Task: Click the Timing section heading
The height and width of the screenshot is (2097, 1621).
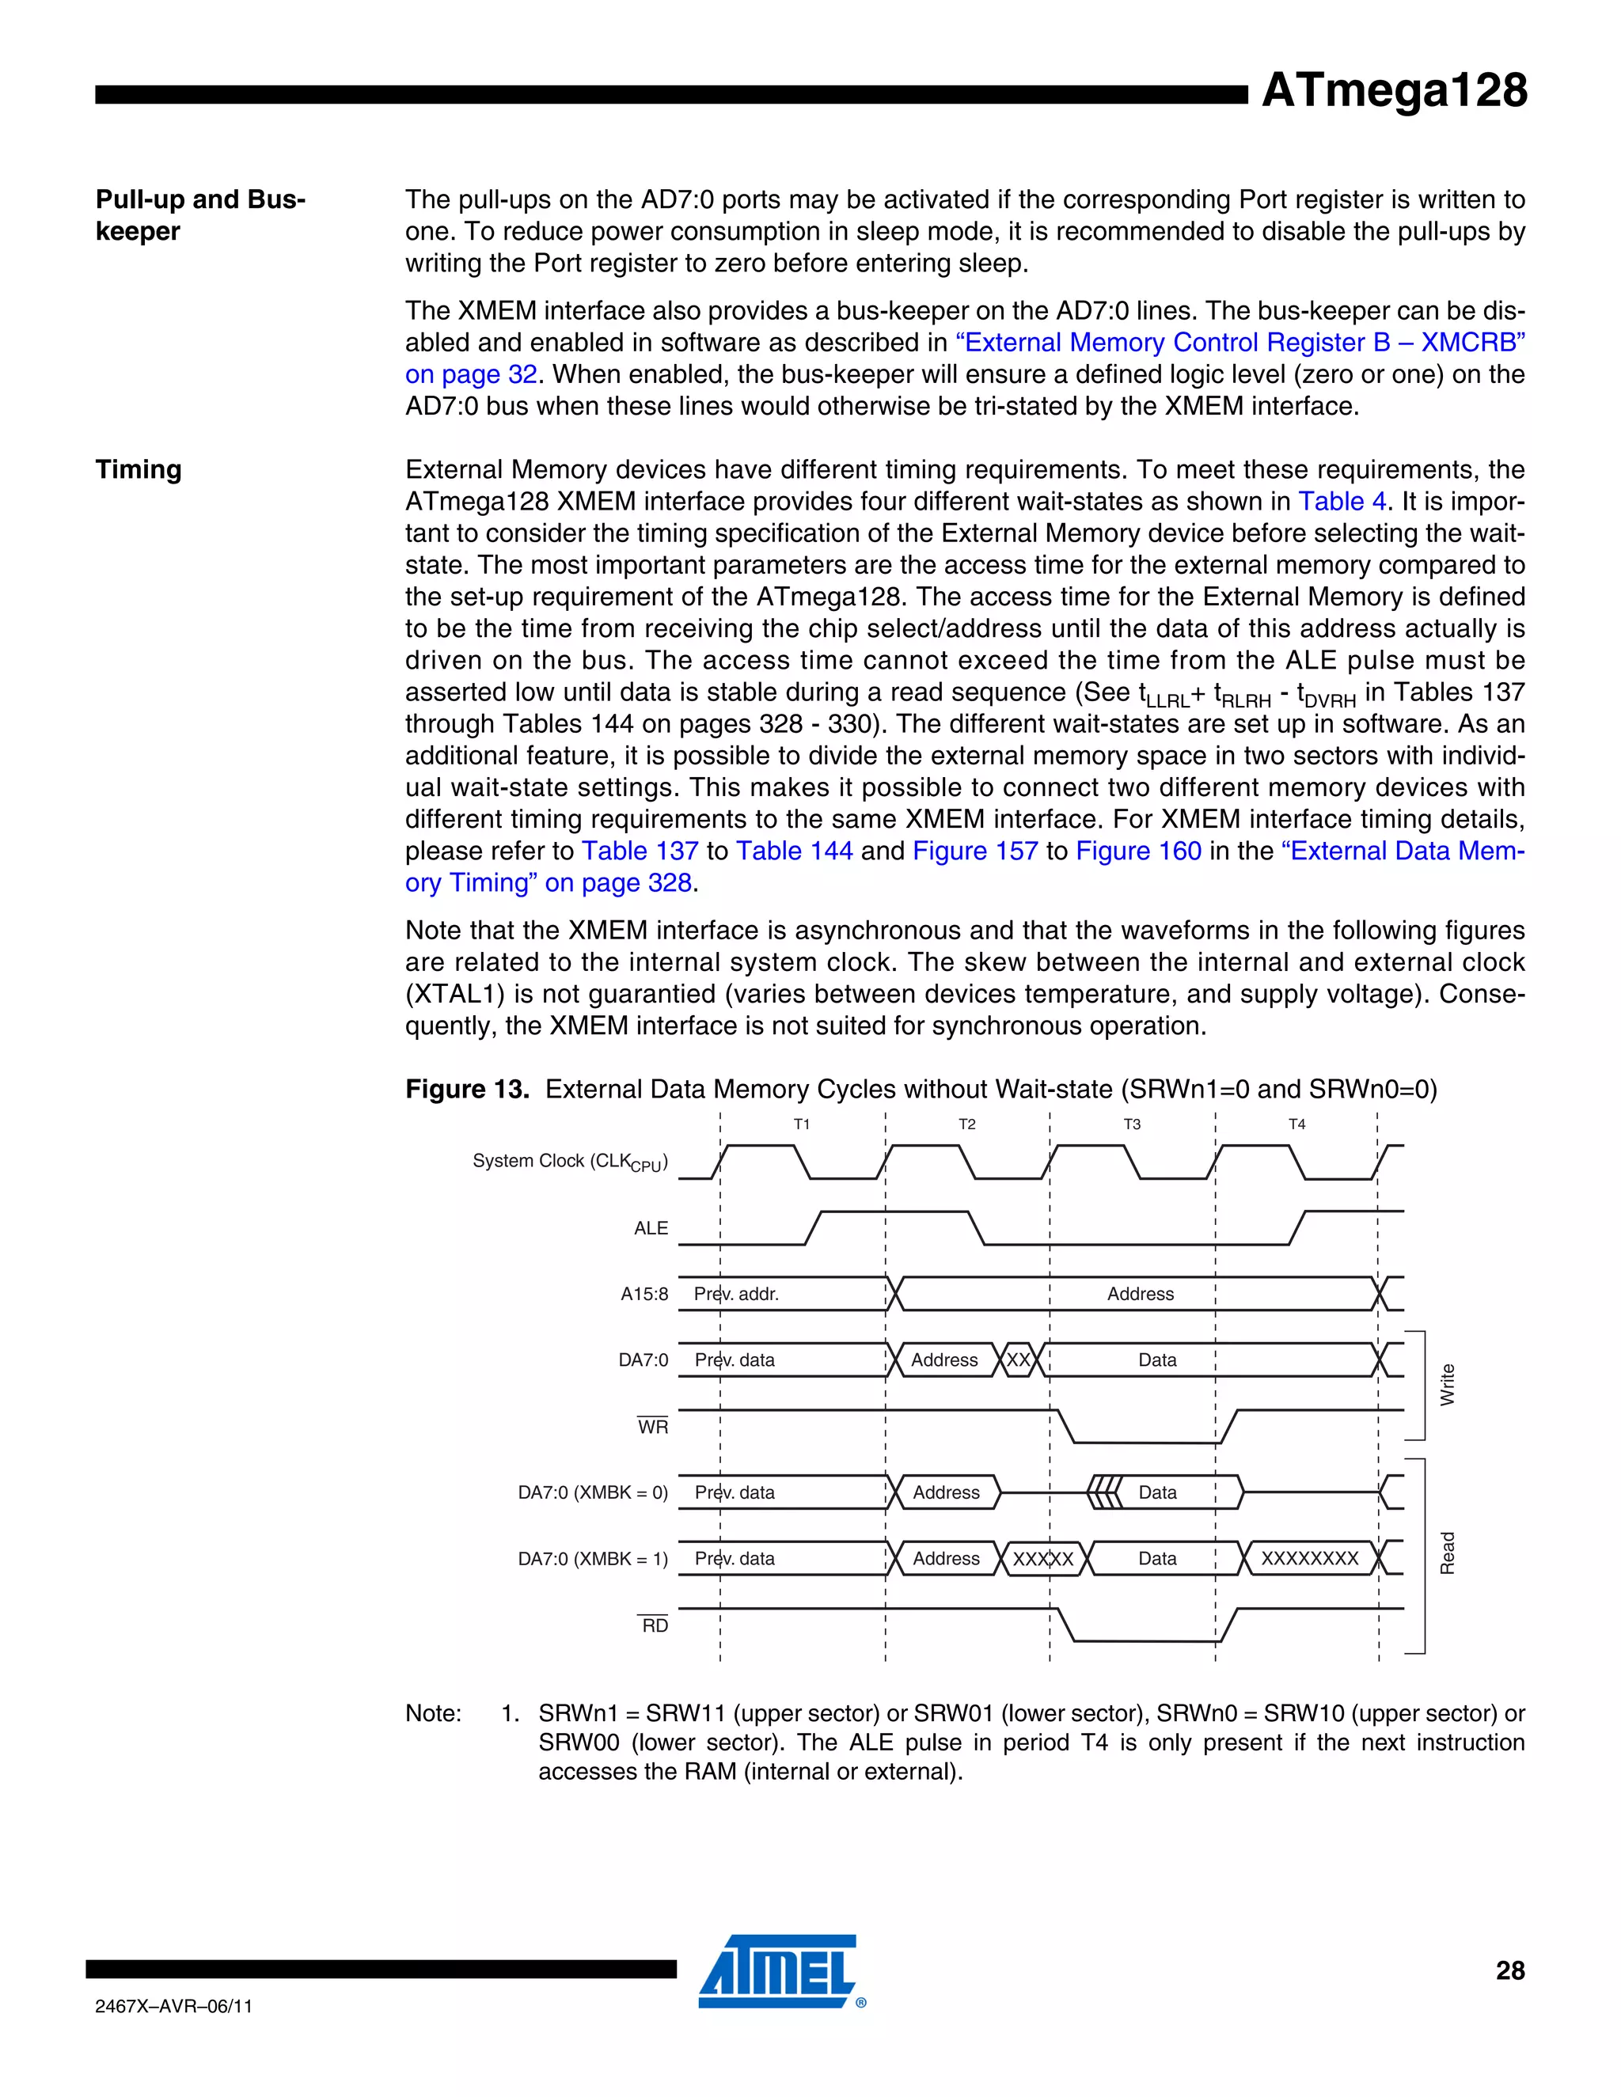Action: tap(139, 469)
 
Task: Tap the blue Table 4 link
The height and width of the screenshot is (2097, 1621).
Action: tap(1342, 501)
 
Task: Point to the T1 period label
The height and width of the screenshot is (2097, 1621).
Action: tap(802, 1124)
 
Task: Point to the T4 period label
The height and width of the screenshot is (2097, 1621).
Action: tap(1296, 1124)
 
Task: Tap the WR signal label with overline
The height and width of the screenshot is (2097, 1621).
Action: tap(652, 1427)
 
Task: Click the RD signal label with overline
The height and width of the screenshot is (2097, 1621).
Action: tap(654, 1625)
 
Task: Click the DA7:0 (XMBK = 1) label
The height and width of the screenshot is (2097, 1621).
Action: tap(593, 1558)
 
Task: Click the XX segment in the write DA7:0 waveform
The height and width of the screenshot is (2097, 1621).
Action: tap(1018, 1360)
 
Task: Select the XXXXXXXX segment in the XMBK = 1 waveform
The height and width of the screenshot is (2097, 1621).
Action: tap(1309, 1558)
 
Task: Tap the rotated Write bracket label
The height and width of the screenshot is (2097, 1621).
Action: tap(1447, 1385)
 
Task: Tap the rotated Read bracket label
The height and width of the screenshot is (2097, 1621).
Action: tap(1447, 1553)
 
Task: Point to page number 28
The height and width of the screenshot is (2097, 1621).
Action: tap(1509, 1971)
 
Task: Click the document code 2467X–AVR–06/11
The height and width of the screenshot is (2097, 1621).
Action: tap(174, 2006)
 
